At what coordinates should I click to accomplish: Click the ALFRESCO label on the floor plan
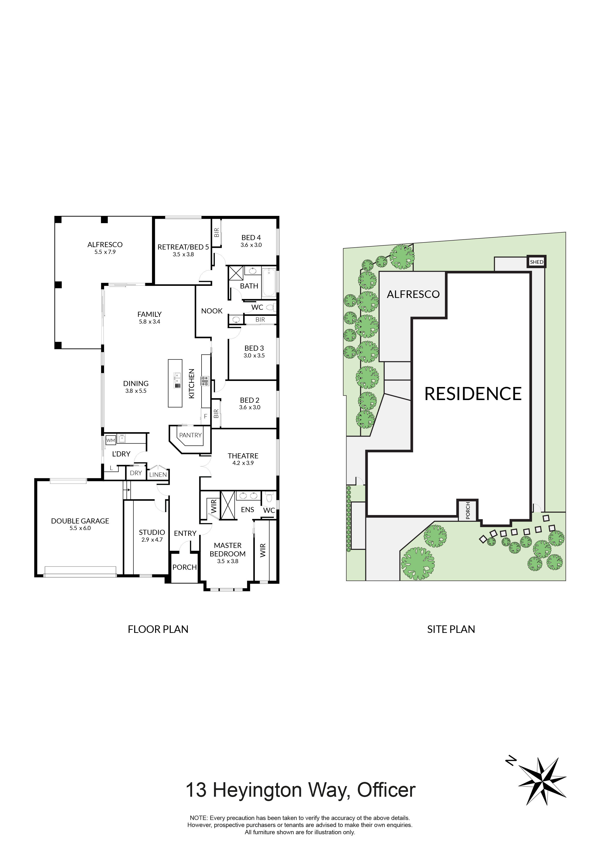(x=105, y=244)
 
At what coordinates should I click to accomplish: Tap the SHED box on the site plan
(x=536, y=262)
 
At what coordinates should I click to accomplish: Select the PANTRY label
(x=190, y=435)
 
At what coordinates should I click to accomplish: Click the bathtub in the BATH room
(x=269, y=283)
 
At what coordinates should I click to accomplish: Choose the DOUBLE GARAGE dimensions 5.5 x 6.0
(x=80, y=528)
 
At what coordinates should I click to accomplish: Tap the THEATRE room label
(x=243, y=456)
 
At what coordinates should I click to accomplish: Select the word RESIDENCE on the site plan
(x=473, y=394)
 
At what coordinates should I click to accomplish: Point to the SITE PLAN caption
(x=451, y=629)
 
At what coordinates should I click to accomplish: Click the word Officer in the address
(x=386, y=790)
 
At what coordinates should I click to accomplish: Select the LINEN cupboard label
(x=158, y=474)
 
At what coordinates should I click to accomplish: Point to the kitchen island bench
(x=175, y=383)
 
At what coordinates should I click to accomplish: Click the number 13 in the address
(x=196, y=790)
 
